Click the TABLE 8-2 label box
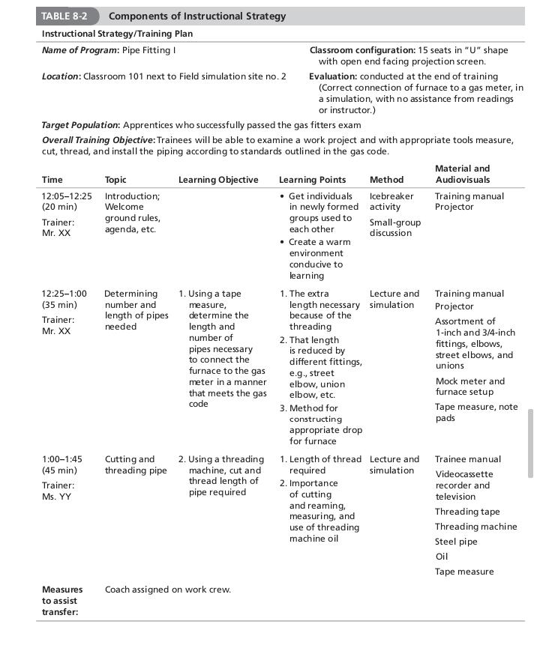pos(67,16)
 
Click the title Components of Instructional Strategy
pos(197,16)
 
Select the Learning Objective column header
pos(218,180)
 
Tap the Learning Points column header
pos(312,180)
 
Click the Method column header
pos(386,180)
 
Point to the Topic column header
pos(115,180)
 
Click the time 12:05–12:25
pos(67,196)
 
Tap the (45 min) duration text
pos(59,470)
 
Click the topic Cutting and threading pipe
pos(136,464)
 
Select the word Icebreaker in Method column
pos(391,196)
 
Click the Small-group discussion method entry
pos(394,228)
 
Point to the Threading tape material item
pos(467,512)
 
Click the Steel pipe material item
pos(456,542)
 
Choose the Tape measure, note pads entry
pos(476,412)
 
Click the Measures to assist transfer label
pos(62,601)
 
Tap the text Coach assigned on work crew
pos(167,590)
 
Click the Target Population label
pos(80,125)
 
